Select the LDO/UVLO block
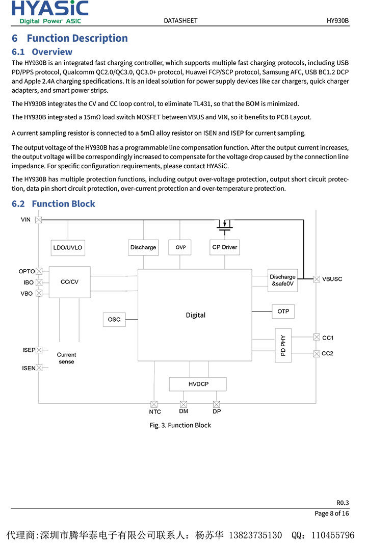coord(67,247)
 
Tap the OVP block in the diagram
coord(180,247)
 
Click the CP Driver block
coord(225,247)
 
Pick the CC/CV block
coord(69,281)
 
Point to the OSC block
coord(114,320)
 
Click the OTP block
coord(283,311)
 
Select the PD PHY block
coord(283,345)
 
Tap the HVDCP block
coord(198,384)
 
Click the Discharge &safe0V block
coord(282,280)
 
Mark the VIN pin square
coord(39,220)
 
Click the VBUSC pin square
coord(317,279)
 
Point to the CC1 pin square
coord(317,337)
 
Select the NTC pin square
coord(154,404)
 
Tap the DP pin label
coord(217,411)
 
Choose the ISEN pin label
coord(29,368)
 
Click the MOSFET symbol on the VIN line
coord(224,224)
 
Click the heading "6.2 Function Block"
coord(54,204)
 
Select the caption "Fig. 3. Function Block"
coord(180,425)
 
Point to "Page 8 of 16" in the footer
coord(332,513)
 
